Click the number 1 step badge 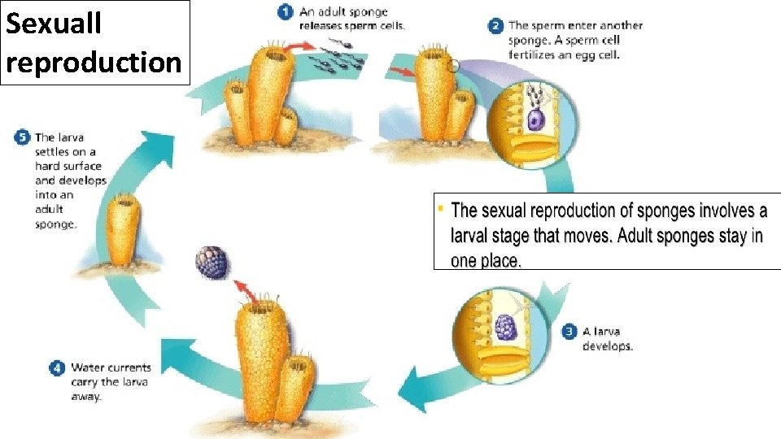285,12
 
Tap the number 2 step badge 495,26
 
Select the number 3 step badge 569,332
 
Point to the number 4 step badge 57,368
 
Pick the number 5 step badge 22,137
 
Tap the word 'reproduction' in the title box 94,62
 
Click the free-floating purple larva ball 212,262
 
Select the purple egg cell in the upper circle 534,120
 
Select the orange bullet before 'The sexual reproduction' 440,209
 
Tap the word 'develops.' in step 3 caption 607,346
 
